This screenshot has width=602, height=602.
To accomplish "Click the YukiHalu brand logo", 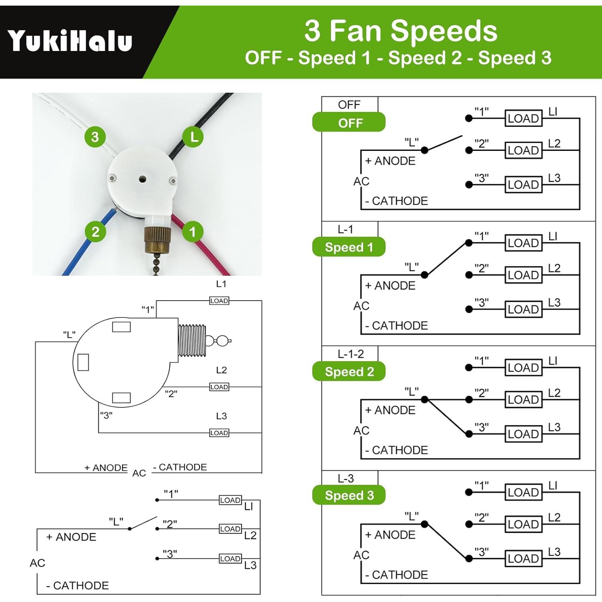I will tap(70, 41).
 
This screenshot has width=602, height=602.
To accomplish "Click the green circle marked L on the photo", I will tap(193, 137).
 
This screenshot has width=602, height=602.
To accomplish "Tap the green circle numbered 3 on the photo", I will tap(95, 137).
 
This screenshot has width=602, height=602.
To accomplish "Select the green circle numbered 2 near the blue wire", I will tap(95, 232).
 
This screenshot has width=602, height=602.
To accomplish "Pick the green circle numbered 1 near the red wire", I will tap(192, 232).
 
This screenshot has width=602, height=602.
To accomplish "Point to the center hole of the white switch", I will tap(142, 179).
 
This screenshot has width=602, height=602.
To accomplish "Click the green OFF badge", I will tap(349, 122).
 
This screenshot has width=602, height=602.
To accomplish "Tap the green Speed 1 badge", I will tap(349, 247).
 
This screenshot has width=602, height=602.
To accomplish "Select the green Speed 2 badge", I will tap(349, 372).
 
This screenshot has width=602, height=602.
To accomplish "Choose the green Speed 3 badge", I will tap(349, 495).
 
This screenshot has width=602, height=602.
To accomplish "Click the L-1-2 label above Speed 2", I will tap(350, 354).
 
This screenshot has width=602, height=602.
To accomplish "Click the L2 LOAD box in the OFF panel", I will tap(523, 150).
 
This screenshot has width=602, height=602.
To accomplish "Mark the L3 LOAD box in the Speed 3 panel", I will tap(523, 558).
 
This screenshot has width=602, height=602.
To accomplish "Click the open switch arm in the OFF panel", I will tap(443, 143).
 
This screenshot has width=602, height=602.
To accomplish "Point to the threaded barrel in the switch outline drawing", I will tap(192, 341).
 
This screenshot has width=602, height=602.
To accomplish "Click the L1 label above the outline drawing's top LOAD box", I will tap(221, 284).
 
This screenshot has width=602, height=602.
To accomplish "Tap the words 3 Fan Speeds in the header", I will tap(401, 31).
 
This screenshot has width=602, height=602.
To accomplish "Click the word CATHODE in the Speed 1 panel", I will tap(400, 325).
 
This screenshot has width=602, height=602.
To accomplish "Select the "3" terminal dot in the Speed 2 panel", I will tap(469, 434).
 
